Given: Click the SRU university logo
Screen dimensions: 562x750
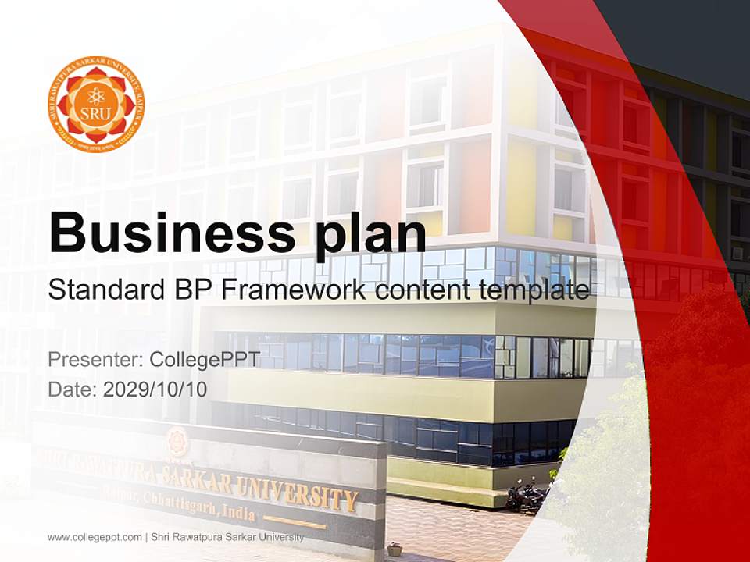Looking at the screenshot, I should coord(96,104).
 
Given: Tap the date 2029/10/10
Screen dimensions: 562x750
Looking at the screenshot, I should coord(155,389).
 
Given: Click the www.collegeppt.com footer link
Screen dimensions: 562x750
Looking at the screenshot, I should coord(95,537).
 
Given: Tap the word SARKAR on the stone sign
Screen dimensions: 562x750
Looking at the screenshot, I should coord(196,478).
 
